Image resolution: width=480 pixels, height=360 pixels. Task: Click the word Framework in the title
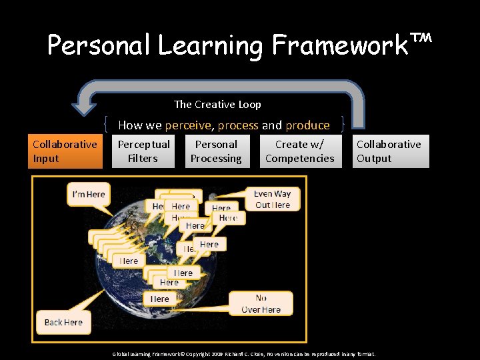pyautogui.click(x=340, y=45)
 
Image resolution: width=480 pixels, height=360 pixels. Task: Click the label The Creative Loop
pyautogui.click(x=217, y=104)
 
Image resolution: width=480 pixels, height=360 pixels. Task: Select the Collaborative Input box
pyautogui.click(x=65, y=151)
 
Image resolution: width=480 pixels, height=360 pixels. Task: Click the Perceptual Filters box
pyautogui.click(x=143, y=151)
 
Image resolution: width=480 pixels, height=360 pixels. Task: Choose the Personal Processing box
pyautogui.click(x=216, y=151)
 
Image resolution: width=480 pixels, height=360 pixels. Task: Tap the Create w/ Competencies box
pyautogui.click(x=300, y=151)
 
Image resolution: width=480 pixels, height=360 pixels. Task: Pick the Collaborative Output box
pyautogui.click(x=389, y=151)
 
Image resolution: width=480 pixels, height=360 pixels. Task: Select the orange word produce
pyautogui.click(x=307, y=125)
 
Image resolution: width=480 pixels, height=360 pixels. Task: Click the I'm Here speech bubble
pyautogui.click(x=89, y=194)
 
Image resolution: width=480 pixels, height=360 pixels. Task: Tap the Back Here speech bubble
pyautogui.click(x=63, y=322)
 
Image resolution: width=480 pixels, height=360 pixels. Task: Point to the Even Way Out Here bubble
pyautogui.click(x=273, y=199)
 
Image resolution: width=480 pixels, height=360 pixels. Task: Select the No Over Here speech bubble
pyautogui.click(x=261, y=304)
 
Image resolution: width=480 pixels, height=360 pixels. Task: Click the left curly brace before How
pyautogui.click(x=108, y=125)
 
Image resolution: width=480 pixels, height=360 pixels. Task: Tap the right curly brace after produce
pyautogui.click(x=342, y=125)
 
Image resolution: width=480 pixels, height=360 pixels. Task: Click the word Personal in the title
pyautogui.click(x=99, y=45)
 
